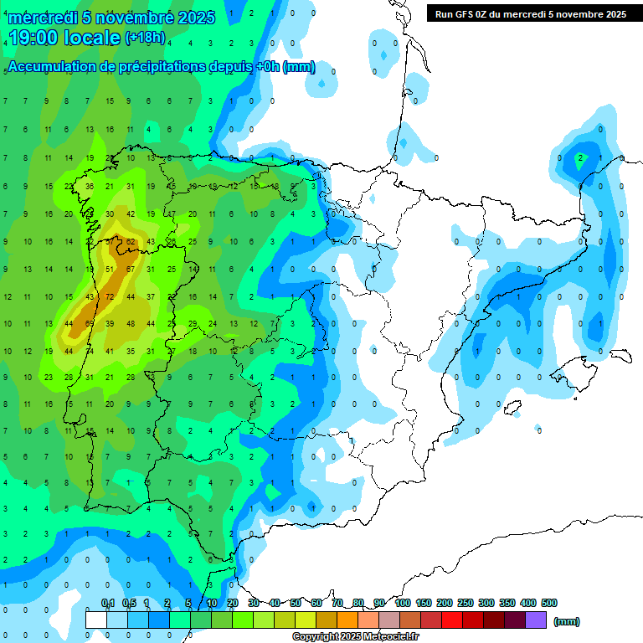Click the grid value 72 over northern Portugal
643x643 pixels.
(x=110, y=297)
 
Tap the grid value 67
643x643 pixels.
(x=130, y=269)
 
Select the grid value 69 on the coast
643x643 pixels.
(x=90, y=324)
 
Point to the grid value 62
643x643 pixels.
(x=130, y=242)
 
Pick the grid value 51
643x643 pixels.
(x=110, y=269)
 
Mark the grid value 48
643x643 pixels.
(x=130, y=324)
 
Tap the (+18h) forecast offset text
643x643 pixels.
(x=145, y=38)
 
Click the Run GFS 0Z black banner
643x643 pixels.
(x=531, y=14)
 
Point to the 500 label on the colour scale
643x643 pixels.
(x=549, y=604)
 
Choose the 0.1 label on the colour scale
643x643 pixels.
(x=108, y=604)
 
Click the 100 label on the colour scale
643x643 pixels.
(x=402, y=604)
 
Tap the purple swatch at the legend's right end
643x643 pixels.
(x=536, y=620)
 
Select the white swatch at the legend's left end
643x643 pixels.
(x=96, y=620)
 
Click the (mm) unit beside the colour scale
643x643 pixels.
(x=567, y=621)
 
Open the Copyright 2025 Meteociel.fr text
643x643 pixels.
(x=355, y=637)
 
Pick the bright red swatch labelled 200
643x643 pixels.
(x=452, y=620)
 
